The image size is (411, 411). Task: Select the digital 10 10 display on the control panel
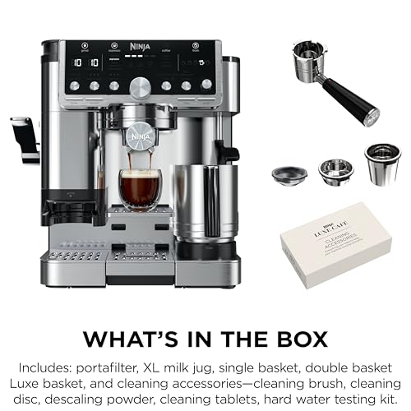(84, 62)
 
